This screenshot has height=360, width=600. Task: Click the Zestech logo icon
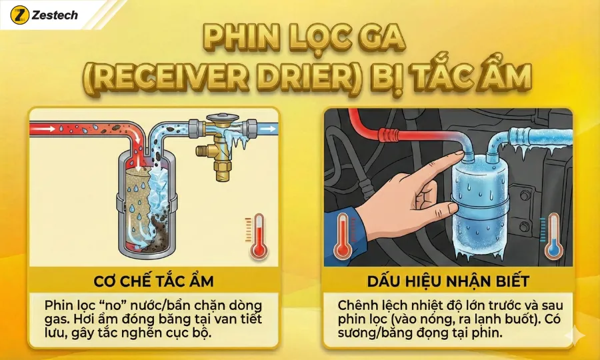[x=19, y=15]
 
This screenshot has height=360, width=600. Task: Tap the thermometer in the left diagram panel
[x=257, y=236]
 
